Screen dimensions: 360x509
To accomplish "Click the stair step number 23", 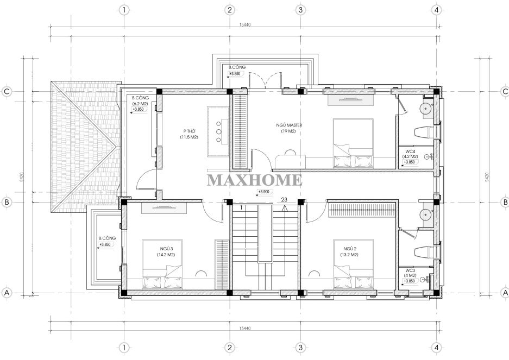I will coord(284,200).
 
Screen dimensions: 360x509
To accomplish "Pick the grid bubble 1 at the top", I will coord(124,10).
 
